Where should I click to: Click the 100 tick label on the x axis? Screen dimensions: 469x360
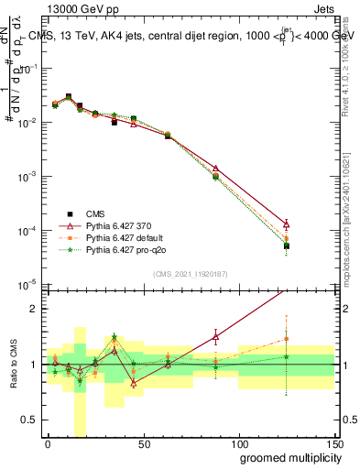(x=239, y=442)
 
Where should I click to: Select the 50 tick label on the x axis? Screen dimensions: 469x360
(x=144, y=442)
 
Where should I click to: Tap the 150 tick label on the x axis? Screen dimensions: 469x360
(x=334, y=442)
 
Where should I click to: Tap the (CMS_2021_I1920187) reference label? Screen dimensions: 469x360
(x=190, y=274)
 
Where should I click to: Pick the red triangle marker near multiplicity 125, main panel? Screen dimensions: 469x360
(x=287, y=224)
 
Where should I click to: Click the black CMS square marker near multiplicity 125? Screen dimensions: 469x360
(x=287, y=245)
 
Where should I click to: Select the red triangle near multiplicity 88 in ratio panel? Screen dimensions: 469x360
(x=215, y=337)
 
